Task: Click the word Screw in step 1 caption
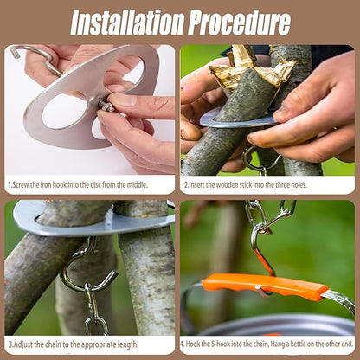[x=22, y=185]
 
